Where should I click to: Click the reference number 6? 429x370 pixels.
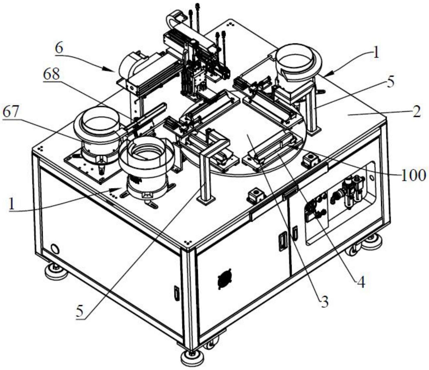click(59, 48)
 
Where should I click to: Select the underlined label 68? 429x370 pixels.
click(51, 75)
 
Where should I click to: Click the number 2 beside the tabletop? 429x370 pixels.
click(417, 112)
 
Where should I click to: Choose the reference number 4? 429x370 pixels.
click(361, 283)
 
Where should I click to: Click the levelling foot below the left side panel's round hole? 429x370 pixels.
click(56, 271)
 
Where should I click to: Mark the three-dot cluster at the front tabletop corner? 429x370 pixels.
click(187, 242)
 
